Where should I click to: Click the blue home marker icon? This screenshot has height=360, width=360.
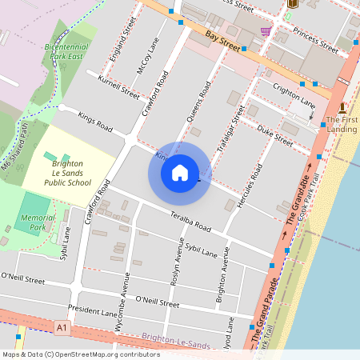click(180, 172)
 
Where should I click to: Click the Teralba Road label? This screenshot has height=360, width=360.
click(189, 220)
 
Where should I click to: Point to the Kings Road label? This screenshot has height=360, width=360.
click(95, 122)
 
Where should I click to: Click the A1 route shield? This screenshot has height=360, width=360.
click(62, 327)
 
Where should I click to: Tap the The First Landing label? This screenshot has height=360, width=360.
click(342, 123)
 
